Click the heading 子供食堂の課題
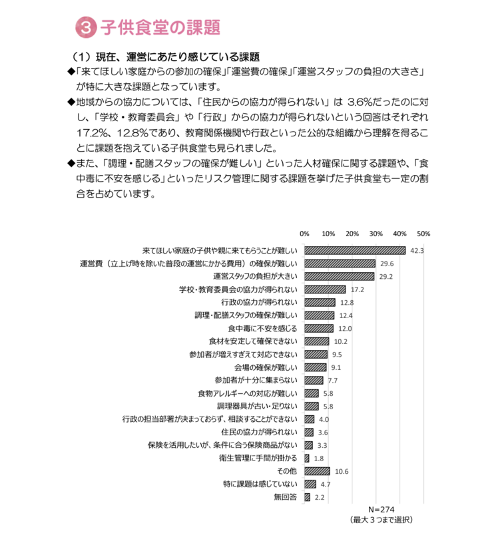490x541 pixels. pos(160,27)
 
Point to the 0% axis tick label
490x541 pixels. pos(304,234)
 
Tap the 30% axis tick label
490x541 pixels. pos(375,234)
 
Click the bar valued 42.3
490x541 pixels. pos(355,251)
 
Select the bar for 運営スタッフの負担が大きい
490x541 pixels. pos(339,276)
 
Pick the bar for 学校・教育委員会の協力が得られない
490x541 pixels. pos(325,289)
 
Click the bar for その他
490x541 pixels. pos(317,471)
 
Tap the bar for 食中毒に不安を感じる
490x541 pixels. pos(318,328)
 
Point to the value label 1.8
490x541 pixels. pos(318,458)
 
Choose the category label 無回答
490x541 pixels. pos(285,497)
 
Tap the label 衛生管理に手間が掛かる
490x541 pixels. pos(260,458)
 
